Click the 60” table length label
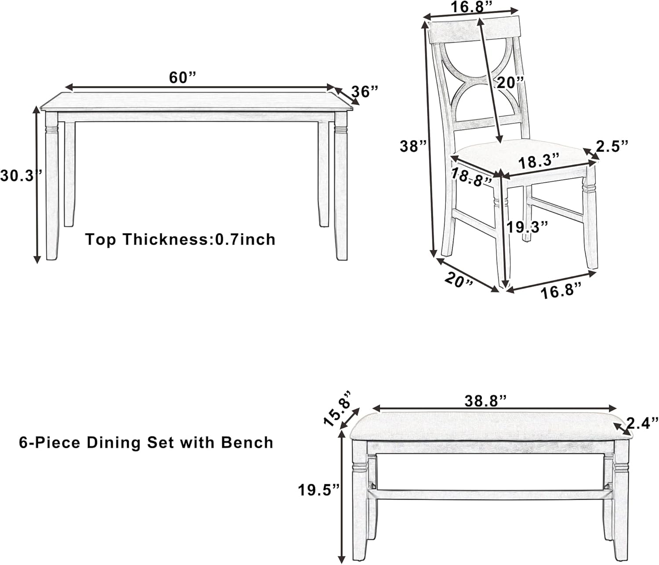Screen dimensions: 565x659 pos(182,78)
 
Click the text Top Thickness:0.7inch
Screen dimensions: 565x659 pos(180,239)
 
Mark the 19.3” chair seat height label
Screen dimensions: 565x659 pos(527,227)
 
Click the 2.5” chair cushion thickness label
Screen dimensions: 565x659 pos(612,146)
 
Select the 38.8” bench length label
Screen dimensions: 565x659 pos(485,400)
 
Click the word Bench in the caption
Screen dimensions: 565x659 pos(247,442)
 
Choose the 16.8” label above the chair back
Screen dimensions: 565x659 pos(470,7)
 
